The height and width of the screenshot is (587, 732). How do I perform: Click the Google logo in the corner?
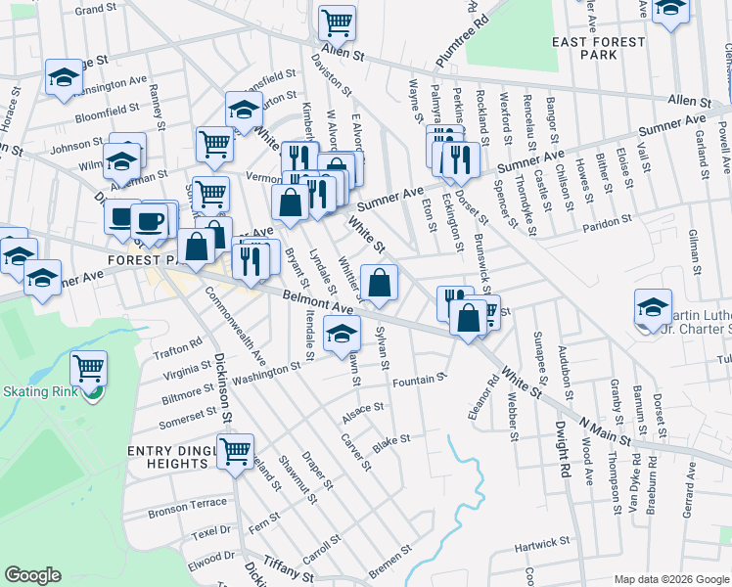pos(32,575)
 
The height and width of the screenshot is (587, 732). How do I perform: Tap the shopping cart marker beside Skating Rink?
pos(89,368)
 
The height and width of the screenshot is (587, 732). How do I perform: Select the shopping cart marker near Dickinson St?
pos(235,451)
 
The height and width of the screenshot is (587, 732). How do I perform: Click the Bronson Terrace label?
pos(187,511)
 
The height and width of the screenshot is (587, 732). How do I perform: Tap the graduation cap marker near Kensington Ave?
pos(64,78)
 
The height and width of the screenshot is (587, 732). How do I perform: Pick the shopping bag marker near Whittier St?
pos(379,284)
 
